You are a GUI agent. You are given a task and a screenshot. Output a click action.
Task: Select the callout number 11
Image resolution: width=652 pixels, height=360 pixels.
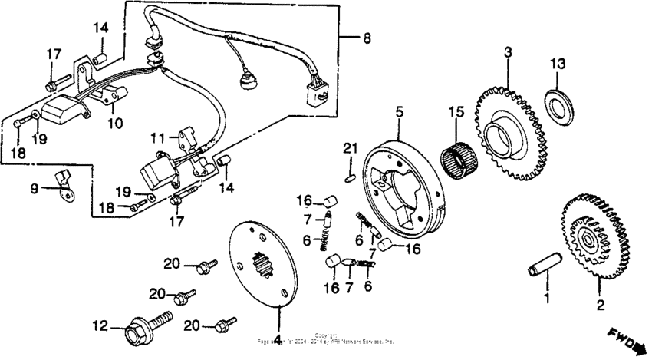[x=158, y=139]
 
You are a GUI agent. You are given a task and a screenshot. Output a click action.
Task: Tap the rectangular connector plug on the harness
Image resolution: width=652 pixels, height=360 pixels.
[x=314, y=94]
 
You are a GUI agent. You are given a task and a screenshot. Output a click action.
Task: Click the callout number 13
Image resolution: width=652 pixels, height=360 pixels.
[x=558, y=62]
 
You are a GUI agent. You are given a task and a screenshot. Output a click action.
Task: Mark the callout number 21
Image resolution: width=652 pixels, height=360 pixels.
[x=350, y=148]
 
